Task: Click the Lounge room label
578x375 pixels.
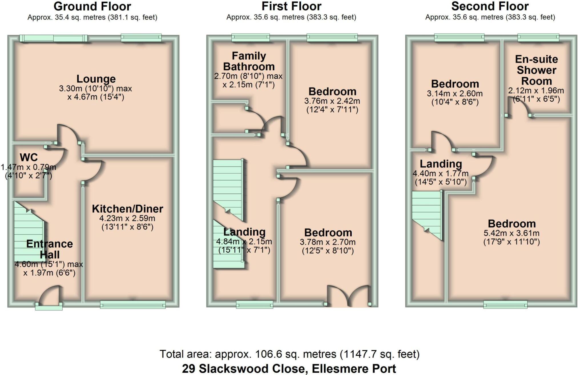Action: pyautogui.click(x=96, y=79)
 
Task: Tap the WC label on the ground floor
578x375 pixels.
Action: pyautogui.click(x=29, y=157)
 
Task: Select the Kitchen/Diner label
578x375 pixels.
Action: pyautogui.click(x=127, y=209)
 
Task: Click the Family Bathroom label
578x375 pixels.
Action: pyautogui.click(x=249, y=61)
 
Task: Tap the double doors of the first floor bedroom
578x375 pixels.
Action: pyautogui.click(x=348, y=297)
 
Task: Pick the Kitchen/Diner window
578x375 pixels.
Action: pyautogui.click(x=133, y=305)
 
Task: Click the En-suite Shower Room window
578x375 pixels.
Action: pyautogui.click(x=538, y=37)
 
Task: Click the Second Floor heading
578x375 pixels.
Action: pyautogui.click(x=490, y=6)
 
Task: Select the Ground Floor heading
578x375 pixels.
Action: pyautogui.click(x=92, y=6)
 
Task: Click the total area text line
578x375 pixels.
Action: pyautogui.click(x=289, y=354)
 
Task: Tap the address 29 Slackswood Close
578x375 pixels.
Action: pyautogui.click(x=289, y=369)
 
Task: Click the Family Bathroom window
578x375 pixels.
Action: pyautogui.click(x=251, y=37)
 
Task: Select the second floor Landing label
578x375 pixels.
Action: pyautogui.click(x=441, y=164)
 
